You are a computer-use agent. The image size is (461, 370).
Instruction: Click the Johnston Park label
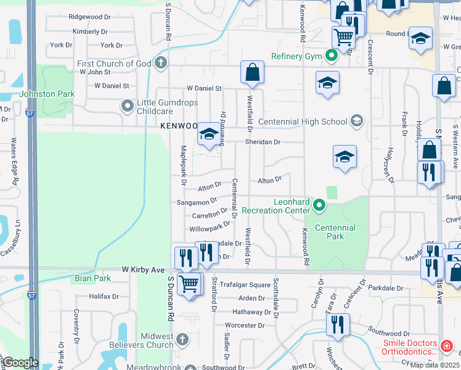(47, 94)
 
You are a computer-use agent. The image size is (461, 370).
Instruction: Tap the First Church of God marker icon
(161, 62)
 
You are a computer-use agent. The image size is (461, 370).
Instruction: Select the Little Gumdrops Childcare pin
(128, 105)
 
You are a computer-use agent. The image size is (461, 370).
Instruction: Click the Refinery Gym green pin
(332, 57)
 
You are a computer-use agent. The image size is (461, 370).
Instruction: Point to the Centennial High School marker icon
(356, 121)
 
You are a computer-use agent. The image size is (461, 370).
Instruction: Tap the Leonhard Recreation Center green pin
(319, 205)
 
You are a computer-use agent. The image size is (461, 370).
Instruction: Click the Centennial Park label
(335, 232)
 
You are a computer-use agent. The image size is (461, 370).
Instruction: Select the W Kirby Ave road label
(143, 270)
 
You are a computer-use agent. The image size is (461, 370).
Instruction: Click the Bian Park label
(93, 278)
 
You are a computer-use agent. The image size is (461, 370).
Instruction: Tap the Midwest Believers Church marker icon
(182, 339)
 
